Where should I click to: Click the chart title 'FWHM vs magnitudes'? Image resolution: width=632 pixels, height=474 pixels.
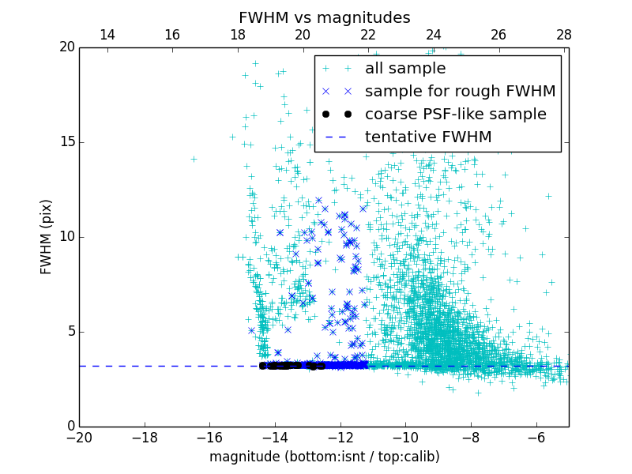click(x=324, y=17)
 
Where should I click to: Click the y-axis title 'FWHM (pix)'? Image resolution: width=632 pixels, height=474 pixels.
click(x=47, y=237)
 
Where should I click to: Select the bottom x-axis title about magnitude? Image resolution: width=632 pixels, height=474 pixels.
click(x=324, y=457)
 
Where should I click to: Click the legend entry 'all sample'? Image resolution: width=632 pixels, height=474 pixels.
click(x=405, y=69)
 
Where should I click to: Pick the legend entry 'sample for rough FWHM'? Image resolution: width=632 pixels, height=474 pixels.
click(x=460, y=92)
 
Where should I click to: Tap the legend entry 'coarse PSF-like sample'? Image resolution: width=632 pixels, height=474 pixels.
click(x=456, y=115)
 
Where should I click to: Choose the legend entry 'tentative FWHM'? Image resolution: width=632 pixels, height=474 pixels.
click(x=428, y=137)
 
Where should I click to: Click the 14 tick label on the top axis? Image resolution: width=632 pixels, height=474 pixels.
click(x=107, y=35)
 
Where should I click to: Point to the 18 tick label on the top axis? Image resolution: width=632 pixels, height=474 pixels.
click(x=237, y=35)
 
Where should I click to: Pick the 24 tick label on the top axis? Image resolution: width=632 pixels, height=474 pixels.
click(x=433, y=35)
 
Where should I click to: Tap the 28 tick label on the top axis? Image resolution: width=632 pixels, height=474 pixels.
click(x=563, y=35)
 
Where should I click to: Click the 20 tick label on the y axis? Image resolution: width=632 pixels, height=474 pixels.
click(x=66, y=47)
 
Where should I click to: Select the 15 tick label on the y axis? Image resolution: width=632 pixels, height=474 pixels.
click(x=66, y=142)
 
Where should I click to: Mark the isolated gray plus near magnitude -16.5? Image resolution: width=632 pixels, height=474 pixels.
click(x=194, y=159)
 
